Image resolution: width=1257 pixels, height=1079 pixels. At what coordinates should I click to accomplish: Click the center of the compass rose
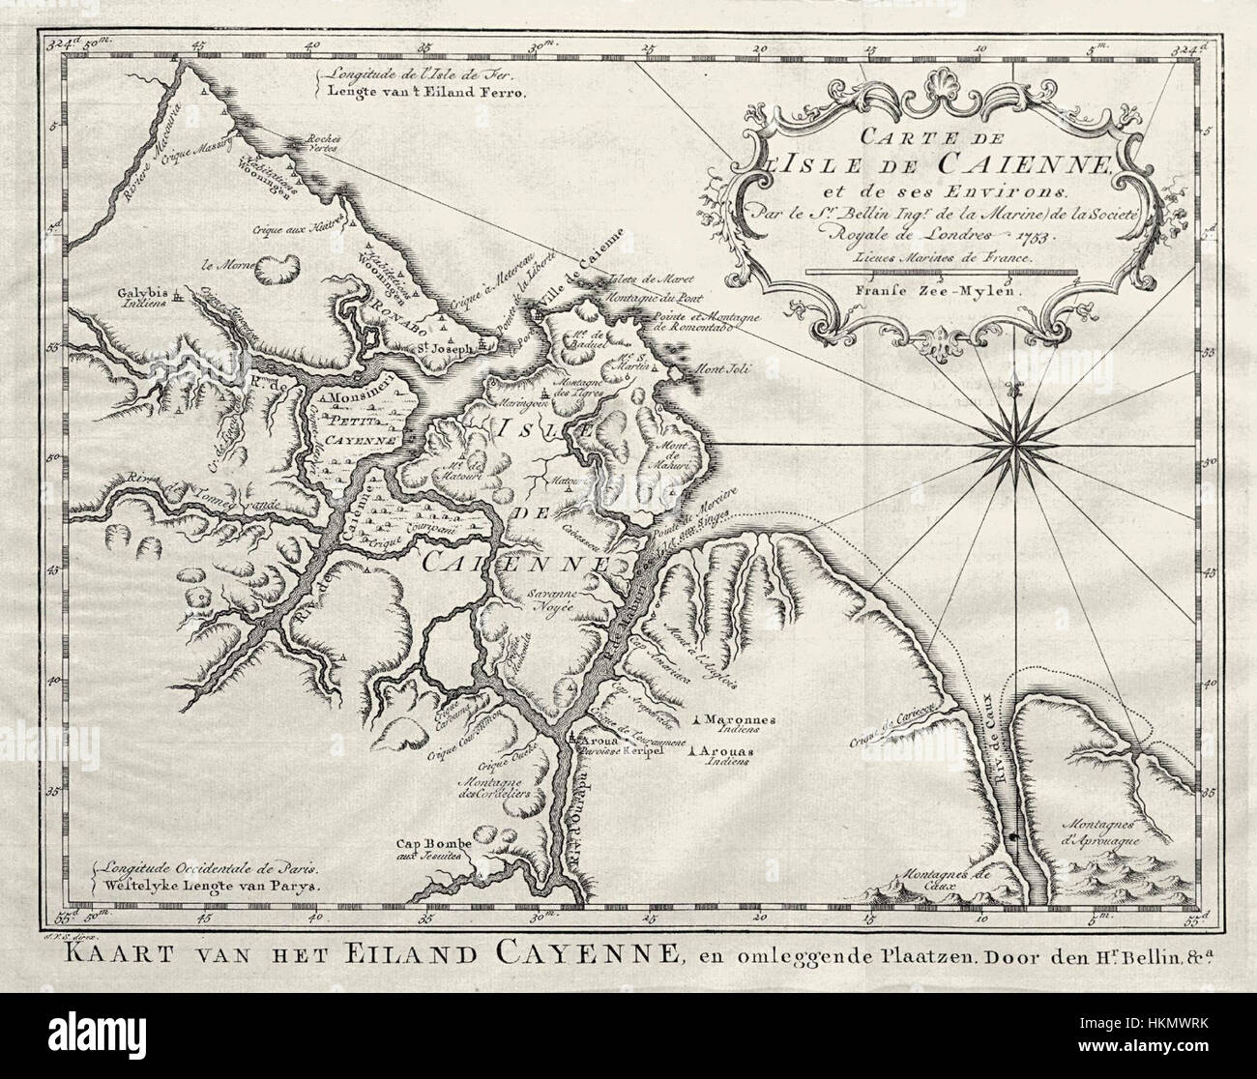tap(1013, 443)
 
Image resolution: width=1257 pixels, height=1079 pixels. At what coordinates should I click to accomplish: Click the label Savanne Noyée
tap(550, 600)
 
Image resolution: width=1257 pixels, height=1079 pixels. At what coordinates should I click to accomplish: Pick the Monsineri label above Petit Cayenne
tap(359, 397)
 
